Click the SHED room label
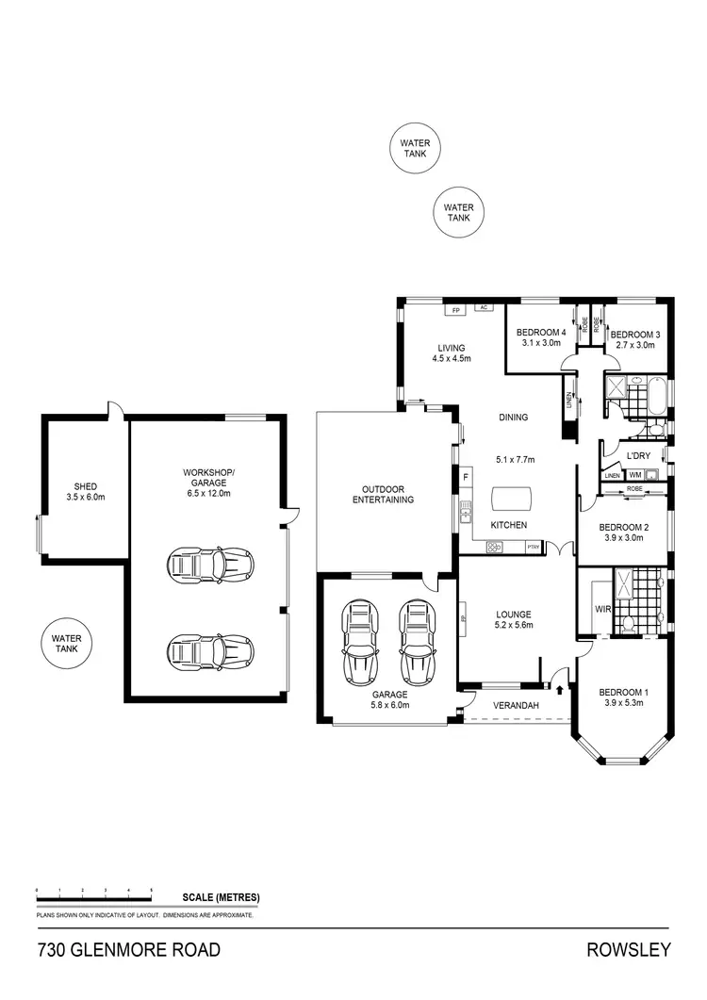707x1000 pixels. pos(81,487)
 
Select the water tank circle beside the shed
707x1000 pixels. pos(67,644)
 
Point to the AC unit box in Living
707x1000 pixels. pos(483,307)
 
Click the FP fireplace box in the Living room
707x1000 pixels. pos(454,309)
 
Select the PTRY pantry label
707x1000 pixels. pos(533,546)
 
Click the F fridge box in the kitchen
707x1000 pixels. pos(465,478)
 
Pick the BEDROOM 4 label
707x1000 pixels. pos(541,333)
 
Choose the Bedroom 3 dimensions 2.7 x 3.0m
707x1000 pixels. pos(633,345)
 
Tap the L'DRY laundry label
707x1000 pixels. pos(638,456)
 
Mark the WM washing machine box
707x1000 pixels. pos(634,475)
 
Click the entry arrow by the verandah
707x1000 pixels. pos(562,691)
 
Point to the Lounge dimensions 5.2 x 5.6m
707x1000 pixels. pos(515,624)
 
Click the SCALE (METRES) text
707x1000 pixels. pos(221,897)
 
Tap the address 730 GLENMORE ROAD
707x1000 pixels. pos(128,949)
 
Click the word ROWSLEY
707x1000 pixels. pos(631,949)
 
